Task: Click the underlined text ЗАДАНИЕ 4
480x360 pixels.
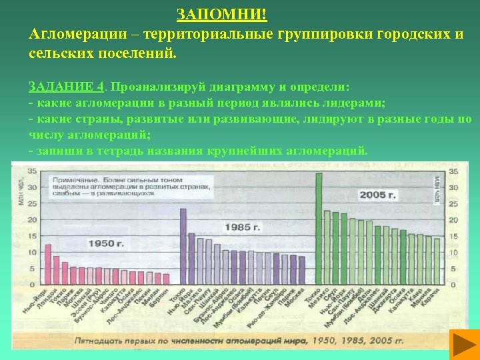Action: [66, 87]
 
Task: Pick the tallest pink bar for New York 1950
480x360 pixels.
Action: [48, 264]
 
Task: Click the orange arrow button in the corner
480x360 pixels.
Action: [458, 345]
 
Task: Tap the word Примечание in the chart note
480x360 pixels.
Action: [75, 180]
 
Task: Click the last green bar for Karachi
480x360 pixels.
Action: [437, 261]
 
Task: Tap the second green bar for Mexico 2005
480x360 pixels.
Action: [327, 247]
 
